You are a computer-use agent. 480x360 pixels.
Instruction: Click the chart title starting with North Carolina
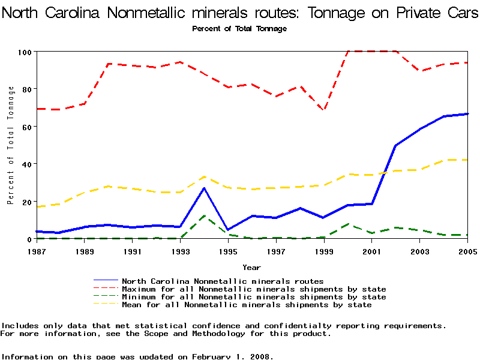(x=240, y=13)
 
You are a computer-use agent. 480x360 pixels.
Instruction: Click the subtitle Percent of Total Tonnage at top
(x=239, y=29)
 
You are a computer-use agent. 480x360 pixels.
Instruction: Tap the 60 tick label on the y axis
(x=26, y=127)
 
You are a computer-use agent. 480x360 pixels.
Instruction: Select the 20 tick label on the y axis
(x=26, y=202)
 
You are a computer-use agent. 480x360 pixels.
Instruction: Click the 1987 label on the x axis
(x=36, y=251)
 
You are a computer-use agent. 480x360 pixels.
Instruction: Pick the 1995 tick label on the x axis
(x=228, y=251)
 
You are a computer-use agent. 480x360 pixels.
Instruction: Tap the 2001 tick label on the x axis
(x=372, y=251)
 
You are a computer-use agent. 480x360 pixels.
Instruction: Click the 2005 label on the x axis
(x=467, y=251)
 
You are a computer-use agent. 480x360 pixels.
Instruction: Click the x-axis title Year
(x=251, y=267)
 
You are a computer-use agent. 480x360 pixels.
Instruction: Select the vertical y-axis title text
(x=11, y=145)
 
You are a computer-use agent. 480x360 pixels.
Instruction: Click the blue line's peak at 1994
(x=204, y=188)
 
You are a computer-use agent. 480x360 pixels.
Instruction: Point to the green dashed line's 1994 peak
(x=204, y=215)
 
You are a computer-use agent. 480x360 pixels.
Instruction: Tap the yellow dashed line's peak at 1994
(x=204, y=176)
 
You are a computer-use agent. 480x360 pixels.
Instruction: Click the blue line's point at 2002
(x=395, y=146)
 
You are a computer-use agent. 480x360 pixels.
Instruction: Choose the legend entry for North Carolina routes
(x=223, y=281)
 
